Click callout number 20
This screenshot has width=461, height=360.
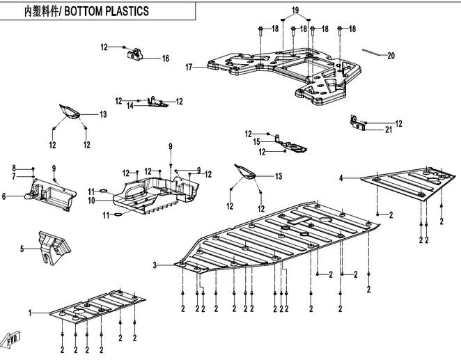pyautogui.click(x=391, y=56)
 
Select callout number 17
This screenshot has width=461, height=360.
pyautogui.click(x=188, y=68)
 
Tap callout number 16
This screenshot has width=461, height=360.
pyautogui.click(x=166, y=58)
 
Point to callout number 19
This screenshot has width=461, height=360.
pyautogui.click(x=295, y=10)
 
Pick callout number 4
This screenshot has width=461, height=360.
pyautogui.click(x=341, y=179)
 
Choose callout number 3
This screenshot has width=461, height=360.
pyautogui.click(x=155, y=265)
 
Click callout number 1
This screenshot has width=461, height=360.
pyautogui.click(x=30, y=315)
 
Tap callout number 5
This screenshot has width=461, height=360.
pyautogui.click(x=22, y=248)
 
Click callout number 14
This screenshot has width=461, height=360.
pyautogui.click(x=130, y=106)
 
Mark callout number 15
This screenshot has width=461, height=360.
pyautogui.click(x=256, y=142)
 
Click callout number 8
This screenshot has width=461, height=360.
pyautogui.click(x=13, y=169)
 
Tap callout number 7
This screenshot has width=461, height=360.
pyautogui.click(x=13, y=177)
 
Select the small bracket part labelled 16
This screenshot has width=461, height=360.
pyautogui.click(x=135, y=53)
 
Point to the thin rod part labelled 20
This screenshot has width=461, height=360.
pyautogui.click(x=371, y=52)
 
